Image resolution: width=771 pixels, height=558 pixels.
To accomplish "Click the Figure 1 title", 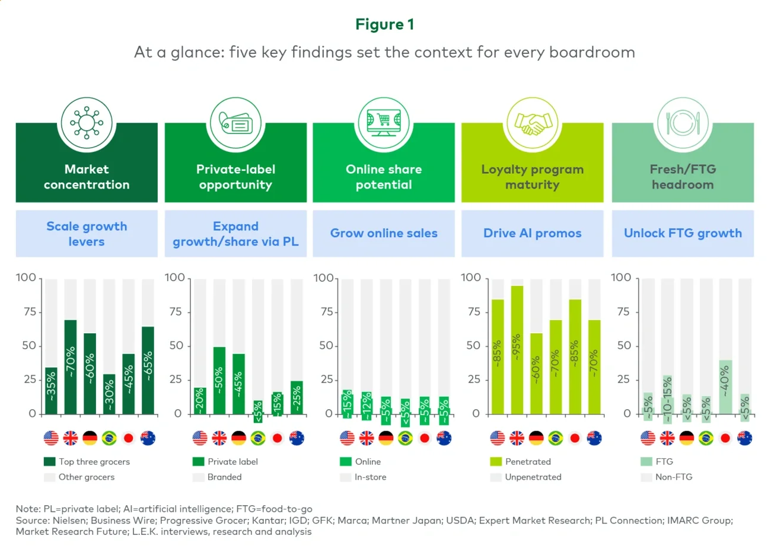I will pyautogui.click(x=384, y=24).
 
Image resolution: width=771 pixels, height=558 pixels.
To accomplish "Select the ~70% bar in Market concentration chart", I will pyautogui.click(x=71, y=366).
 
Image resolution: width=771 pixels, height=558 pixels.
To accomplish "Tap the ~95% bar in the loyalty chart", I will pyautogui.click(x=517, y=350).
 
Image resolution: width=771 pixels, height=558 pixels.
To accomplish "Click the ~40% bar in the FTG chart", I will pyautogui.click(x=725, y=387).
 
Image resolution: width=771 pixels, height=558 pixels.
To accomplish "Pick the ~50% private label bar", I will pyautogui.click(x=219, y=380).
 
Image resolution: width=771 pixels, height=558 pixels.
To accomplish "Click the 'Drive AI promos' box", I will pyautogui.click(x=532, y=233).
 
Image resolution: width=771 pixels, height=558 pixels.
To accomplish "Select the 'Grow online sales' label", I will pyautogui.click(x=384, y=233).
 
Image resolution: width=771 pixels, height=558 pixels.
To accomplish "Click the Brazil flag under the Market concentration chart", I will pyautogui.click(x=109, y=438).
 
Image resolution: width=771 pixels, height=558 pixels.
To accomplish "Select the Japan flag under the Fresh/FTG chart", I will pyautogui.click(x=725, y=438).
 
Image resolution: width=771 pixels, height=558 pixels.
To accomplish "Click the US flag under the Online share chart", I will pyautogui.click(x=348, y=438).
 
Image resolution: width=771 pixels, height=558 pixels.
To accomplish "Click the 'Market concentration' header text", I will pyautogui.click(x=87, y=177).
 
